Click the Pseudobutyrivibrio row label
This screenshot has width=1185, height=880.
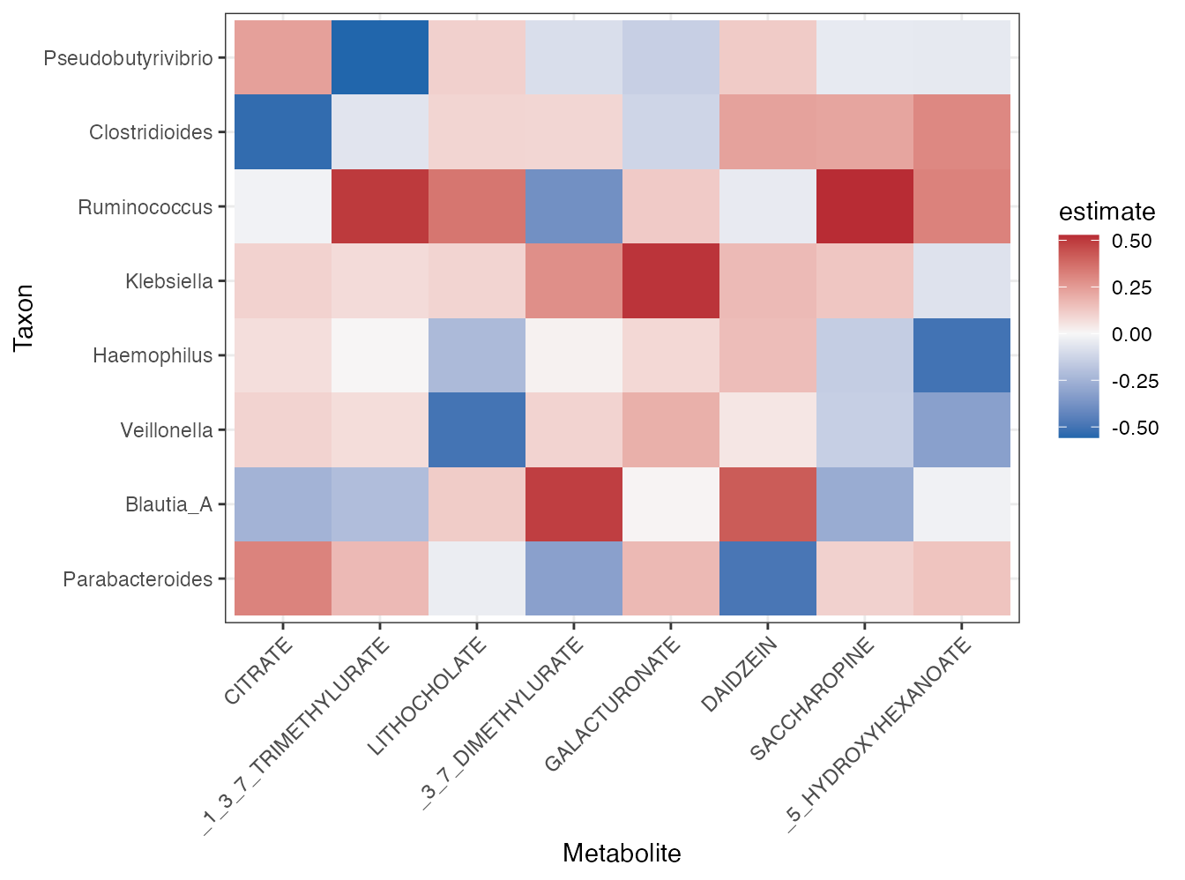click(x=128, y=58)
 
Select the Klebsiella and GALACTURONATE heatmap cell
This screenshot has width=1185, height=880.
click(x=670, y=281)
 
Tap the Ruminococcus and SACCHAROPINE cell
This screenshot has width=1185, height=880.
click(x=864, y=207)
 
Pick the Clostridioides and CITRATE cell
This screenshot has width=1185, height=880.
click(x=283, y=132)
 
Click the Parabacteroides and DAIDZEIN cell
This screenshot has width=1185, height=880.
click(x=767, y=578)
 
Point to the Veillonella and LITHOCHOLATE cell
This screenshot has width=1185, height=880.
click(x=477, y=430)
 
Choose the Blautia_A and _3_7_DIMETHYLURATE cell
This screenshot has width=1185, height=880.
click(x=574, y=504)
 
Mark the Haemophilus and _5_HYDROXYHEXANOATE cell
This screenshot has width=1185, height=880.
click(x=961, y=355)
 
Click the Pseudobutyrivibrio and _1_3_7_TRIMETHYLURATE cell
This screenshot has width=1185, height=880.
click(x=380, y=58)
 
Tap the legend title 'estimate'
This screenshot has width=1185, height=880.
click(x=1107, y=212)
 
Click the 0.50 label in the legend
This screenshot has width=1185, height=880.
click(x=1131, y=242)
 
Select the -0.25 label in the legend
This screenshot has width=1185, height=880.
click(x=1134, y=381)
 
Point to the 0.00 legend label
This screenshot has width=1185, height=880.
click(x=1131, y=334)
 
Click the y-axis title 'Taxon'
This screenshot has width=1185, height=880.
click(x=24, y=317)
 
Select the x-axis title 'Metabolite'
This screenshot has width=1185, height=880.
click(x=622, y=854)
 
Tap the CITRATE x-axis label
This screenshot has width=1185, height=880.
click(x=258, y=672)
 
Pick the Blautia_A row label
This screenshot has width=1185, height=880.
click(x=168, y=504)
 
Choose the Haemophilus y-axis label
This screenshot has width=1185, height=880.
click(x=153, y=355)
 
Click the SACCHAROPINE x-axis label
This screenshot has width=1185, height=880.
click(x=812, y=698)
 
